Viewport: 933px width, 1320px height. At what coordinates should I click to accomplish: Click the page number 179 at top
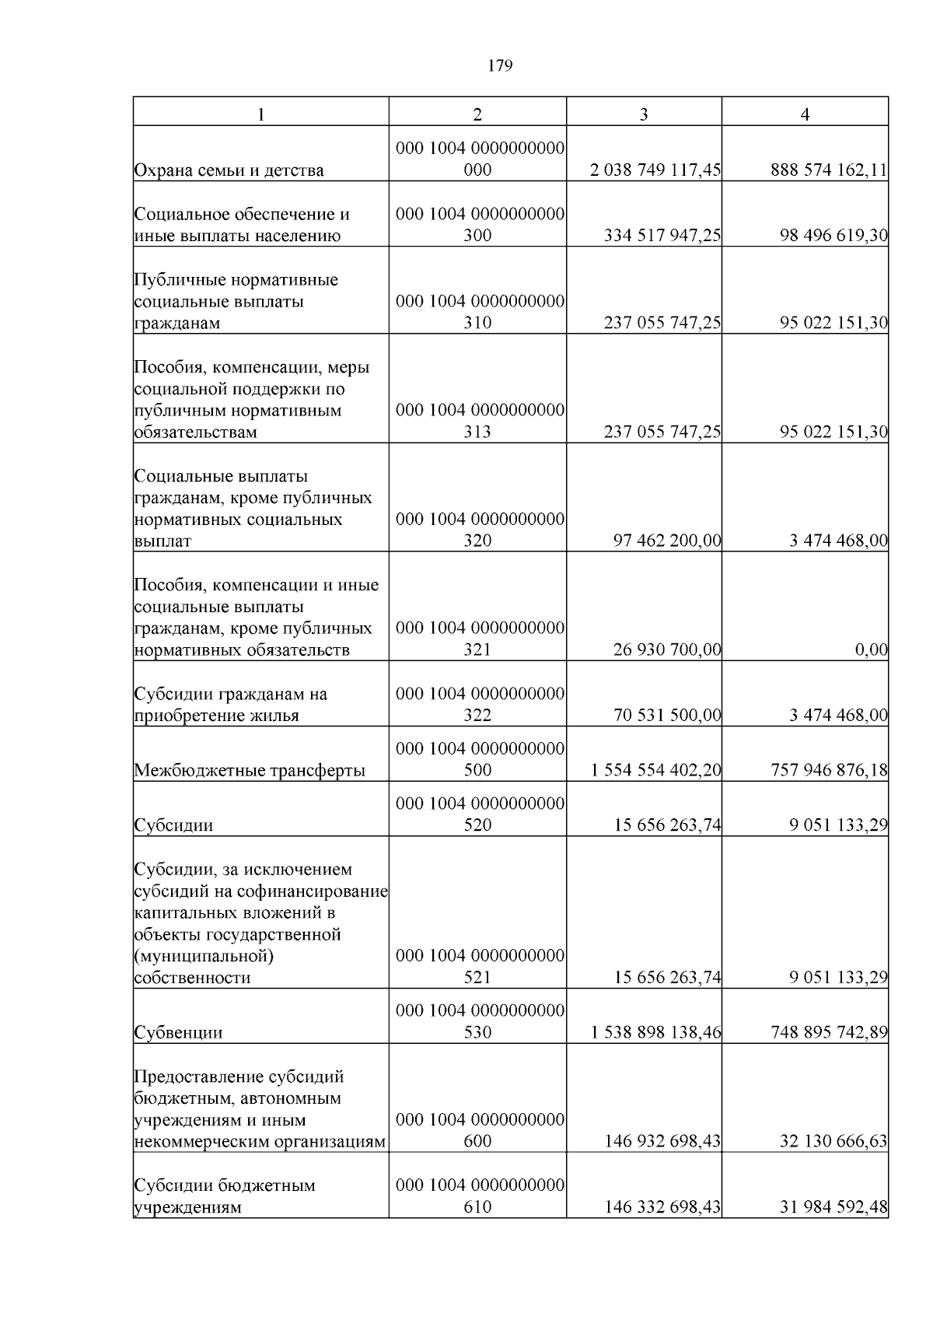500,66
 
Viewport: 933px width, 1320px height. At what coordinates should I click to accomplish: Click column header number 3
643,114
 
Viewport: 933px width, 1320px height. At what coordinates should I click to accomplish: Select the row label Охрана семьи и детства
229,170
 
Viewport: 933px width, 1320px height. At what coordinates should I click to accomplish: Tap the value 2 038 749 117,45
655,170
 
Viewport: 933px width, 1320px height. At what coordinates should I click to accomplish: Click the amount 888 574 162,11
829,170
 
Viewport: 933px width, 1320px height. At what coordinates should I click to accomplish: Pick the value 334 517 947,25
662,236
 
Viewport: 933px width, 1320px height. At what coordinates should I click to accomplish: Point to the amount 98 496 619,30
833,236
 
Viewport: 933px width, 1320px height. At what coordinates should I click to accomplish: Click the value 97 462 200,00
666,541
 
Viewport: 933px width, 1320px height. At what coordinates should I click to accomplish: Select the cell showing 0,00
871,649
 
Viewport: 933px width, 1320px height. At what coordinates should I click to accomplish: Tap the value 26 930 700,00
666,649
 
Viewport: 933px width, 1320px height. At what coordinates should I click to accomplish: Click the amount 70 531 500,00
666,715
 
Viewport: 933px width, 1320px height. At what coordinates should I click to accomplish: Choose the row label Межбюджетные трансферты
250,771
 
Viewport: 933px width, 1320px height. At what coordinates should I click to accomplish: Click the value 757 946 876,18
829,770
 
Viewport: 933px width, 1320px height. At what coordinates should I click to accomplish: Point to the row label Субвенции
178,1033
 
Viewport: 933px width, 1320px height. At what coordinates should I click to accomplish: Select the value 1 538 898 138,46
655,1032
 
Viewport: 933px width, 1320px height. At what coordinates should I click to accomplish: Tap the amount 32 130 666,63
833,1141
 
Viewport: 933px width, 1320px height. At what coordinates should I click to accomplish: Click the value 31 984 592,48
833,1207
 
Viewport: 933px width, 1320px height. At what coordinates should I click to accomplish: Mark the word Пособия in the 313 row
164,367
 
